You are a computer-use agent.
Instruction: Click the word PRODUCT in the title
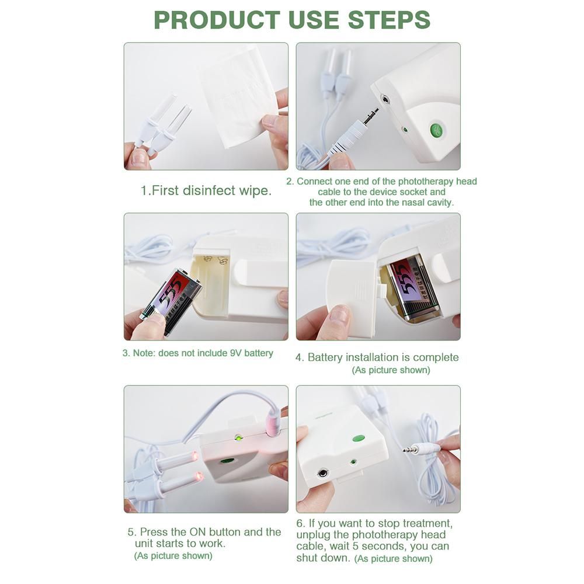click(x=217, y=20)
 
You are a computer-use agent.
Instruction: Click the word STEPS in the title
click(x=389, y=20)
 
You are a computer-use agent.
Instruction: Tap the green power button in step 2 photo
click(x=436, y=130)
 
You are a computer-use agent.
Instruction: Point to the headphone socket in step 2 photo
click(x=385, y=99)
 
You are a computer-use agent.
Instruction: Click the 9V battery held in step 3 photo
click(x=171, y=300)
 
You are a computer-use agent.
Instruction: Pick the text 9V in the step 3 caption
click(x=236, y=353)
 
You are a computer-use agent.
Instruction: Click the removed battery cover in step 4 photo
click(x=352, y=294)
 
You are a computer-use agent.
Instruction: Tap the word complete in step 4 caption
click(x=436, y=357)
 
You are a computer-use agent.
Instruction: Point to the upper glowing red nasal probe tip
click(x=194, y=456)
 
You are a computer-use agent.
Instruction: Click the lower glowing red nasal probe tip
click(x=199, y=477)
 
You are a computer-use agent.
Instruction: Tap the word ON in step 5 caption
click(x=197, y=532)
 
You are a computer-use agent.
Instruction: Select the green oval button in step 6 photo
click(x=359, y=439)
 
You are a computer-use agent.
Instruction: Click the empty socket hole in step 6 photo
click(x=322, y=474)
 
